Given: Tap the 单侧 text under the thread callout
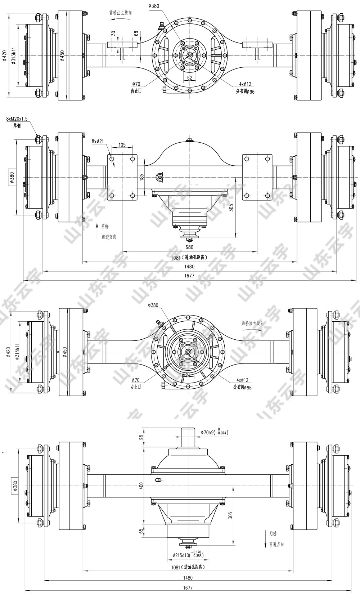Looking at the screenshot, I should [17, 126].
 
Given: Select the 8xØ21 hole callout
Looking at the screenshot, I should [97, 142].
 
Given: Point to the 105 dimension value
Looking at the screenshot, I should [122, 145].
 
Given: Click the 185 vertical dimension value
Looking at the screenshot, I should [141, 177].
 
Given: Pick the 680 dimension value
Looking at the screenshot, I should [189, 247].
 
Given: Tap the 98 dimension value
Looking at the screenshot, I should [141, 437].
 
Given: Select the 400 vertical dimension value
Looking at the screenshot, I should [141, 486].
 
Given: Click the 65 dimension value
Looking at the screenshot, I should [141, 531].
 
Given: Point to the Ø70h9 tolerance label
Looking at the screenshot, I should [215, 432].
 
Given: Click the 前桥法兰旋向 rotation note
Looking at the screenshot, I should [121, 13].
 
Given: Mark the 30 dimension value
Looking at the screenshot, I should [114, 33].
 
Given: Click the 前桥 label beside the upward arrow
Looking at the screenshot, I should [105, 226].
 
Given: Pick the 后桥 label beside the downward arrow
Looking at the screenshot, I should [273, 533].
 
